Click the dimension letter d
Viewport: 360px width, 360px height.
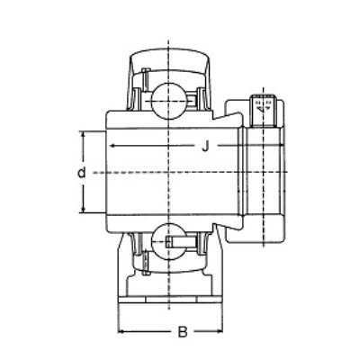(x=80, y=172)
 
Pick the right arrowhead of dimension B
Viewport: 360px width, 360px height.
(x=217, y=332)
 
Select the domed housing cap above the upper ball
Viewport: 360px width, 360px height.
(x=168, y=64)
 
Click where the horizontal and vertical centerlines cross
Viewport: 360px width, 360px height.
(x=168, y=172)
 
